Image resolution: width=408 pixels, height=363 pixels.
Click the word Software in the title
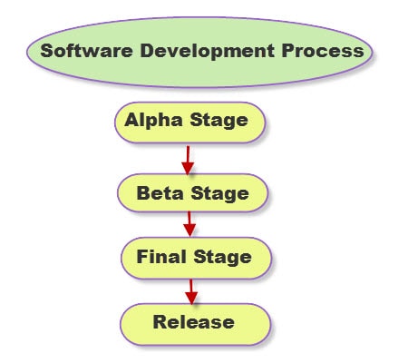pos(86,51)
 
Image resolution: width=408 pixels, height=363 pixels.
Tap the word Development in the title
pos(208,51)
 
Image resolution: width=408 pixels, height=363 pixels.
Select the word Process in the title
pos(323,51)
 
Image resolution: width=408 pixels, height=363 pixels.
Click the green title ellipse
pos(199,53)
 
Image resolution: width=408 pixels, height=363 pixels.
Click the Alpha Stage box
pos(190,123)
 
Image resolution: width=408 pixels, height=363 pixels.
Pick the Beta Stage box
pos(193,193)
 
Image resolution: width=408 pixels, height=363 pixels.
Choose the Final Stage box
pos(197,258)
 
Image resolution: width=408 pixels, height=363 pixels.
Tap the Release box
pos(196,324)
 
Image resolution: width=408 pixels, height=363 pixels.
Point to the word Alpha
pos(153,121)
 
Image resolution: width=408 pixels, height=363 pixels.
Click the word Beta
pos(160,193)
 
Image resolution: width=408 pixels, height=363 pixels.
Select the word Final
pos(161,257)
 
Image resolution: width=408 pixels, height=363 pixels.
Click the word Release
pos(194,322)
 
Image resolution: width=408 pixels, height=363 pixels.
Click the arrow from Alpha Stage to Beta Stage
pos(188,160)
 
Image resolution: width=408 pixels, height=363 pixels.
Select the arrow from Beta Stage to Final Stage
pos(189,224)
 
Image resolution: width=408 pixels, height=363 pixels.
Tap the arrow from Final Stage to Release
pos(191,291)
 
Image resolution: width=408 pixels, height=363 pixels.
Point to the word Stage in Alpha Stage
pos(219,122)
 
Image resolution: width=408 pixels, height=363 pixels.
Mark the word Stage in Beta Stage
pos(220,194)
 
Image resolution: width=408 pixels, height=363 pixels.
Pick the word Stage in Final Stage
pos(222,258)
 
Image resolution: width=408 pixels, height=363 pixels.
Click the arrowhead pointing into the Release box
pos(191,298)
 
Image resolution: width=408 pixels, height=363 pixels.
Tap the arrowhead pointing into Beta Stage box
pos(188,168)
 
